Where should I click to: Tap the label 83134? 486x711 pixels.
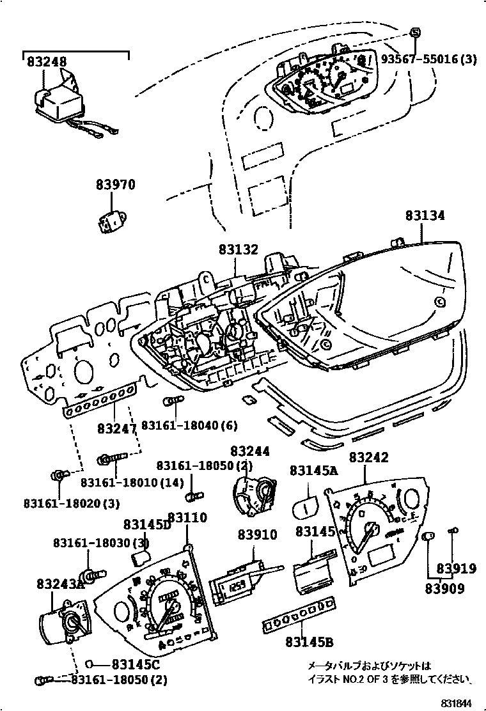point(425,216)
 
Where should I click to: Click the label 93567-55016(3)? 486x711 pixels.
point(429,59)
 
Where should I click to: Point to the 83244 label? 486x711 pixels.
point(250,451)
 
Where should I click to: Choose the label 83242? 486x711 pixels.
point(369,458)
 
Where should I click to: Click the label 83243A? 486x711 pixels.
point(61,584)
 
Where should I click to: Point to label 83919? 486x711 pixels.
point(457,568)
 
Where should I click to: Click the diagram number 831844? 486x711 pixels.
point(462,702)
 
